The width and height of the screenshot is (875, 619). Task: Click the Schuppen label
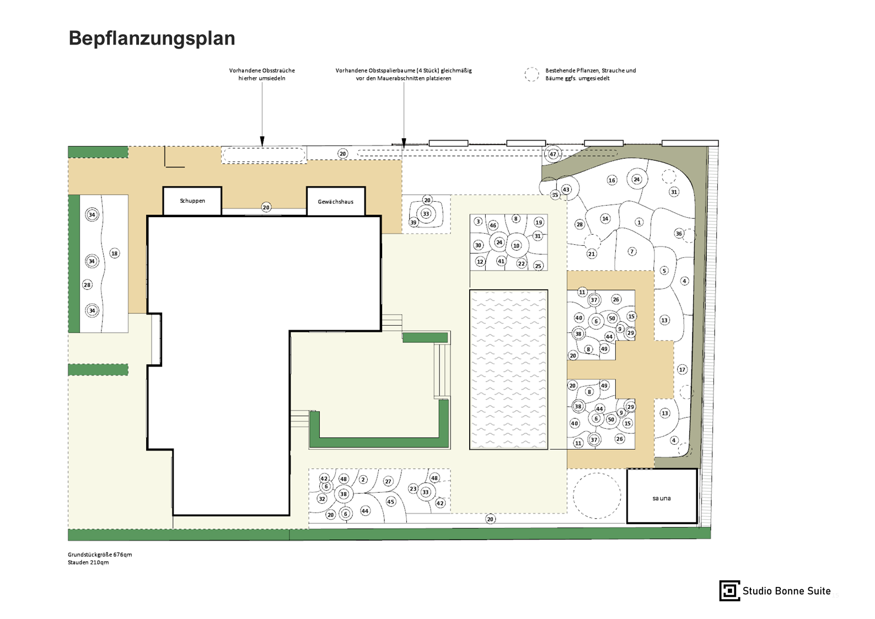(x=192, y=201)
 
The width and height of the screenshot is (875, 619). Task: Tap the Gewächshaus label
(x=336, y=202)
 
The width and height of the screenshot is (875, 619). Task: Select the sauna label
(x=661, y=498)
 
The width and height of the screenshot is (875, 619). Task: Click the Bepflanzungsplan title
(x=152, y=38)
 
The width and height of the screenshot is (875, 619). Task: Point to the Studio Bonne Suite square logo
(x=729, y=590)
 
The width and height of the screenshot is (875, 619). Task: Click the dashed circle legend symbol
(x=532, y=74)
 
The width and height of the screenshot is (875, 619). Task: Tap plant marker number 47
(x=553, y=154)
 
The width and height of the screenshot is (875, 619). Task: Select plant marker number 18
(x=115, y=254)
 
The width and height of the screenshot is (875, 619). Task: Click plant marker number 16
(x=611, y=180)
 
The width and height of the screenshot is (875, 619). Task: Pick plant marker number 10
(x=517, y=246)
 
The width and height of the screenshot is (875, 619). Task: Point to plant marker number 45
(x=390, y=502)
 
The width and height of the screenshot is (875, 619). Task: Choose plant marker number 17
(x=682, y=369)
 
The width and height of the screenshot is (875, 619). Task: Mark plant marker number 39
(x=414, y=223)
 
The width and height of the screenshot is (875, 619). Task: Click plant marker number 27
(x=388, y=482)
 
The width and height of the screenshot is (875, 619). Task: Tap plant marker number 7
(x=632, y=251)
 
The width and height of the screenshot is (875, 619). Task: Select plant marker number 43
(x=566, y=190)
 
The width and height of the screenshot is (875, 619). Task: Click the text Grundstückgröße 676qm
(x=100, y=555)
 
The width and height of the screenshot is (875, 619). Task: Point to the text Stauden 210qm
(x=88, y=562)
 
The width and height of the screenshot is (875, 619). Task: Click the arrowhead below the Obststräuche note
(x=262, y=141)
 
